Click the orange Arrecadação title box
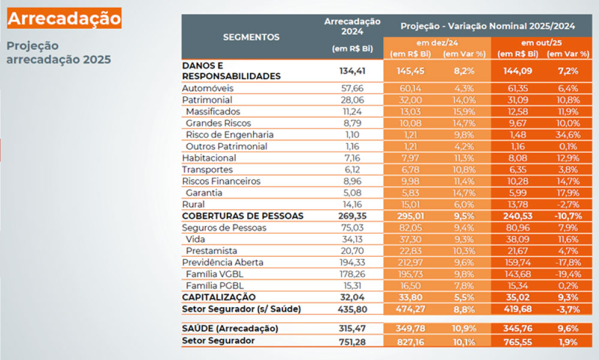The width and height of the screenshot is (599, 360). [x=64, y=18]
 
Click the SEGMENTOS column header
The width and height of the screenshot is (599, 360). [x=251, y=37]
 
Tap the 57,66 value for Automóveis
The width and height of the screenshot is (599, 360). [x=352, y=88]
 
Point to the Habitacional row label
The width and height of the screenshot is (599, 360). [x=209, y=158]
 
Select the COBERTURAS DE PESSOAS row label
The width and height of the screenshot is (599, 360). [x=242, y=216]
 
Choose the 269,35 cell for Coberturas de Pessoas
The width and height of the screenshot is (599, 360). [x=352, y=216]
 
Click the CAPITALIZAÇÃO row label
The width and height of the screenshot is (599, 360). [x=218, y=297]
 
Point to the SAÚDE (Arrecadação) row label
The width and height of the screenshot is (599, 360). [x=230, y=329]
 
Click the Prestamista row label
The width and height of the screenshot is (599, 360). [x=212, y=251]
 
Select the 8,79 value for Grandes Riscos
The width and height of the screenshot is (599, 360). [x=352, y=123]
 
